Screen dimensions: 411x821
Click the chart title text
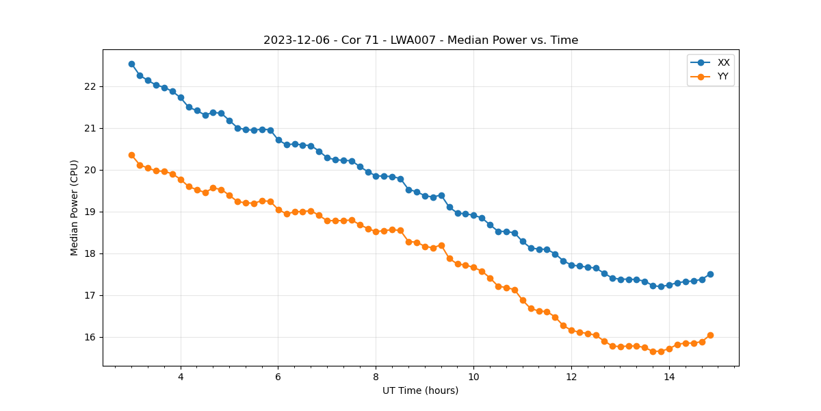pos(421,40)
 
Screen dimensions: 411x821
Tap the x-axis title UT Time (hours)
pos(420,390)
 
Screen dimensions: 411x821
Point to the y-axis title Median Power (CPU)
pos(75,208)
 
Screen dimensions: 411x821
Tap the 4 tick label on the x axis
pos(181,377)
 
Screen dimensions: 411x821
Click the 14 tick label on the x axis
pos(669,377)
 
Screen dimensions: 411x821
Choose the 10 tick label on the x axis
pos(473,377)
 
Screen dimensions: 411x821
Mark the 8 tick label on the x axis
pos(376,377)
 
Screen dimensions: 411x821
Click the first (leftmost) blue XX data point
pos(131,64)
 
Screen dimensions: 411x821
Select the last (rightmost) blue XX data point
pos(710,274)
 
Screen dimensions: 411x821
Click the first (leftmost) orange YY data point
pos(131,155)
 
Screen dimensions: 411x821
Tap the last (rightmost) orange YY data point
pos(710,335)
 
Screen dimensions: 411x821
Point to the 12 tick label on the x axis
pos(571,377)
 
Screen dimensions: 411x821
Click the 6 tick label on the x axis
pos(278,377)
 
